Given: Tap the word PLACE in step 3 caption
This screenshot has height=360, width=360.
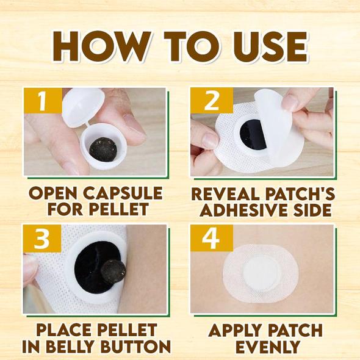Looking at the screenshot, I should click(64, 331).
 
